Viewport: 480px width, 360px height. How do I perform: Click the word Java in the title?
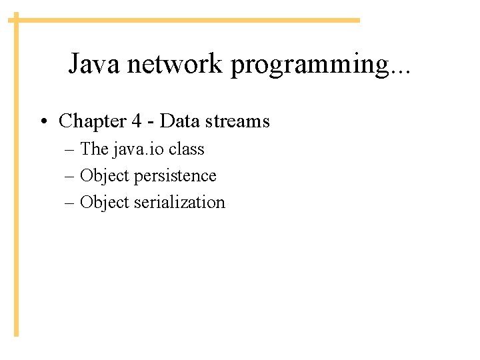tap(94, 65)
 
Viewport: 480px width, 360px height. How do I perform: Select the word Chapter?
tap(91, 121)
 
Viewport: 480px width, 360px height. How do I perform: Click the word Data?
tap(175, 121)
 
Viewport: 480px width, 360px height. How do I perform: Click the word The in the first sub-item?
tap(94, 149)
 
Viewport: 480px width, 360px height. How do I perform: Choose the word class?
tap(186, 149)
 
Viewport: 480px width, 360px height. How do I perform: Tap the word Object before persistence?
tap(105, 177)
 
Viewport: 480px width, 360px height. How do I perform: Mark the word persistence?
tap(175, 177)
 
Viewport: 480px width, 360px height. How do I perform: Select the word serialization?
tap(180, 203)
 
